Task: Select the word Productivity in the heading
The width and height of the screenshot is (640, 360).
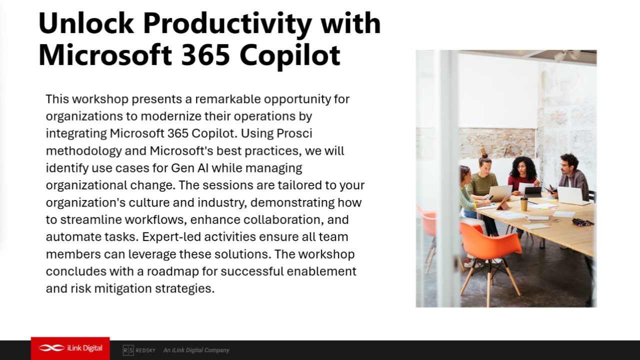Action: [x=227, y=25]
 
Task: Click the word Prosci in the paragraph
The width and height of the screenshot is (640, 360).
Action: [x=294, y=133]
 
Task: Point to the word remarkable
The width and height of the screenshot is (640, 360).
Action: [x=228, y=99]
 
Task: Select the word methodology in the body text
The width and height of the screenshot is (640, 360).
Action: [x=83, y=151]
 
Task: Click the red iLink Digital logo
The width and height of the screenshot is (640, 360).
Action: [x=70, y=348]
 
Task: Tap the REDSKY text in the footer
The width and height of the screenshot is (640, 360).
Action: [x=145, y=350]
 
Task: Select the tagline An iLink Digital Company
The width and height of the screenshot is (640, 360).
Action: [x=196, y=350]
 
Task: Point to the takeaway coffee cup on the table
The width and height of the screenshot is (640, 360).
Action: [x=523, y=203]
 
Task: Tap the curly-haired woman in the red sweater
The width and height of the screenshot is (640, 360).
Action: [x=522, y=174]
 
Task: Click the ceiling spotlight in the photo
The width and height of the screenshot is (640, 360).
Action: [x=567, y=55]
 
